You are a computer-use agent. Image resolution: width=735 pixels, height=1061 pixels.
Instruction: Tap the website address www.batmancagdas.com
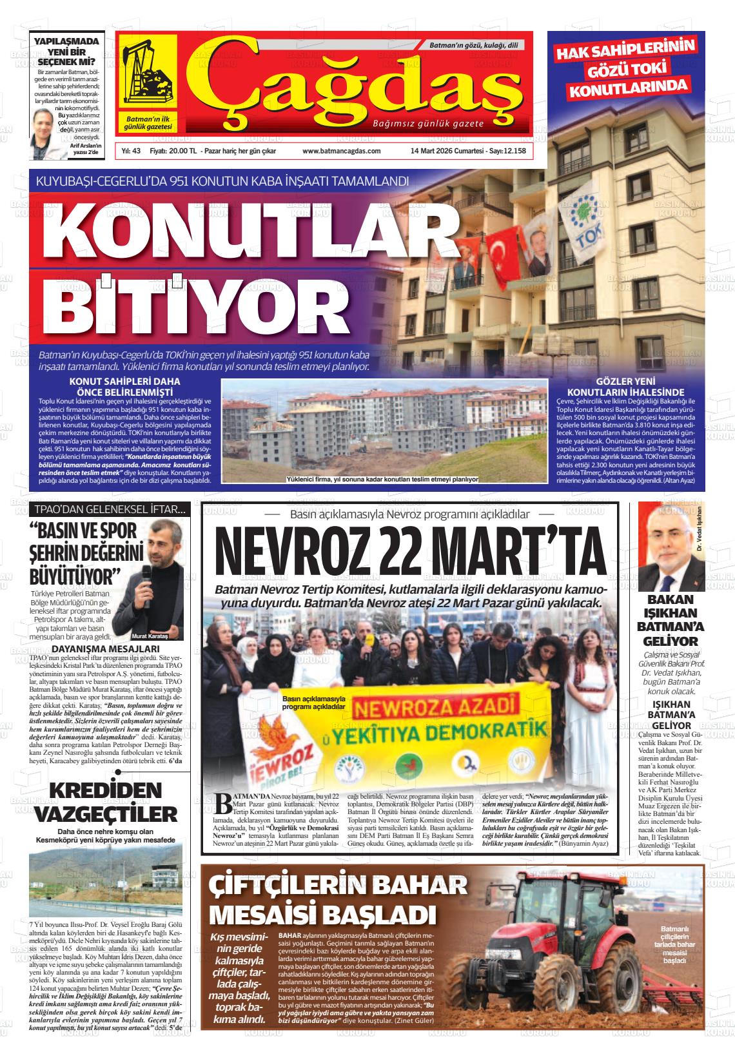pos(341,151)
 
